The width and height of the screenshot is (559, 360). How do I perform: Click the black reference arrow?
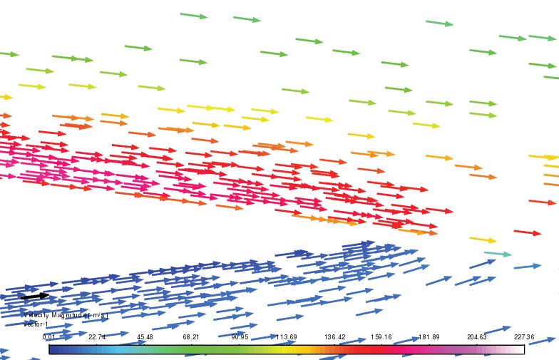pos(34,296)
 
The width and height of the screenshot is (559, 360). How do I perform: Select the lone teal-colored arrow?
pos(498,254)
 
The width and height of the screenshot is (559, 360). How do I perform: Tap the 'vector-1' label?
pos(35,324)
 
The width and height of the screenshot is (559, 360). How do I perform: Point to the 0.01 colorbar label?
pos(48,336)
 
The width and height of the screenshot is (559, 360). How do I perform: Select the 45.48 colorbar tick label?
pos(144,336)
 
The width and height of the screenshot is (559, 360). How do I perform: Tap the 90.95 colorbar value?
pos(239,336)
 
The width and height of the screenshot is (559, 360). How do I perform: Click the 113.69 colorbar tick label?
pos(287,336)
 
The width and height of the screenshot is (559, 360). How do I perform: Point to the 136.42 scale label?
pos(334,336)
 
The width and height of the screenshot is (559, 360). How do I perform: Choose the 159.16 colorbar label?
pos(382,336)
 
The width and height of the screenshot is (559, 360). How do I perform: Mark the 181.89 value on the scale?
pos(429,336)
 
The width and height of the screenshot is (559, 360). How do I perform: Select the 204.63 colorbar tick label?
pos(477,336)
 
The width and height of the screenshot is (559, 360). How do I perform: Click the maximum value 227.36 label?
pos(523,336)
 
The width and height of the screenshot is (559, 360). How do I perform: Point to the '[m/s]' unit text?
pos(98,314)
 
